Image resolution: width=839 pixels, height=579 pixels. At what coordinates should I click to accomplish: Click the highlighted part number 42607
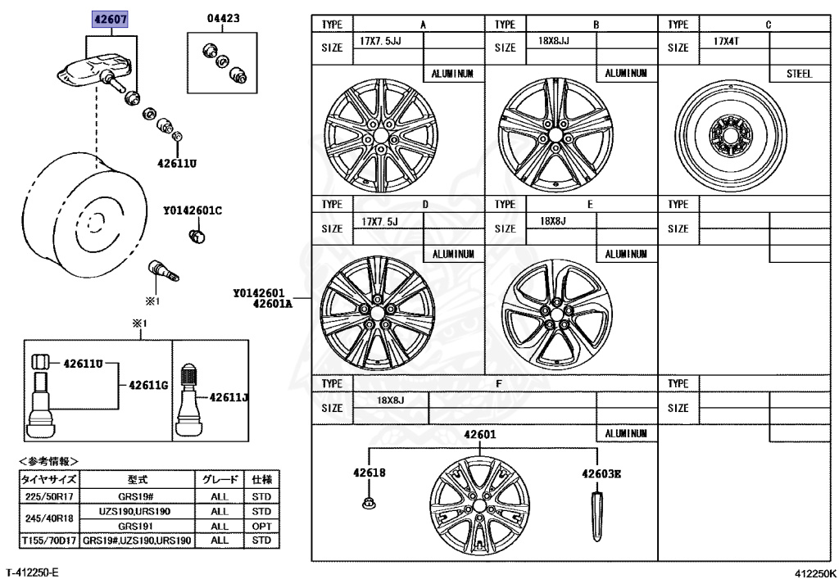pyautogui.click(x=110, y=18)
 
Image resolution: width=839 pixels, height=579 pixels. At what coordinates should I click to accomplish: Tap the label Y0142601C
pyautogui.click(x=193, y=210)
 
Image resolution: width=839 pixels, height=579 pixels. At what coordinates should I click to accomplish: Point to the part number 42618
pyautogui.click(x=369, y=473)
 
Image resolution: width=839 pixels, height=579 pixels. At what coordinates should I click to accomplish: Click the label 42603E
pyautogui.click(x=601, y=473)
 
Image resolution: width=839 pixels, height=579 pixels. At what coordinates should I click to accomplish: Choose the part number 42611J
pyautogui.click(x=229, y=398)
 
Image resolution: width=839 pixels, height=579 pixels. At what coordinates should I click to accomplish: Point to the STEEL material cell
pyautogui.click(x=798, y=74)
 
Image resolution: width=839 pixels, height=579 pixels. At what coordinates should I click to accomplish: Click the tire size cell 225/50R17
pyautogui.click(x=49, y=497)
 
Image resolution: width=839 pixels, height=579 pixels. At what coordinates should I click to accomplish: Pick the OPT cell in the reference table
pyautogui.click(x=261, y=526)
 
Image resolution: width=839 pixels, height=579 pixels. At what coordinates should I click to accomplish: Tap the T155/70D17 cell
pyautogui.click(x=49, y=541)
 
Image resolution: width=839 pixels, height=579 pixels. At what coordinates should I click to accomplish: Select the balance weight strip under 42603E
pyautogui.click(x=596, y=514)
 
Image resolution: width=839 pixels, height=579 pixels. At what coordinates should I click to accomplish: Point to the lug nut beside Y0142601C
pyautogui.click(x=197, y=237)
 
